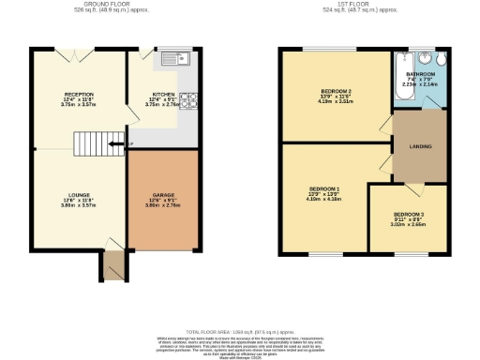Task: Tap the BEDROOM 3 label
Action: click(408, 214)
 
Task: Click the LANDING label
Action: click(418, 145)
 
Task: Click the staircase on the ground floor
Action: click(90, 143)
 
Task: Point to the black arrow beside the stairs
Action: click(115, 144)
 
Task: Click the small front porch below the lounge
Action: click(114, 266)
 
